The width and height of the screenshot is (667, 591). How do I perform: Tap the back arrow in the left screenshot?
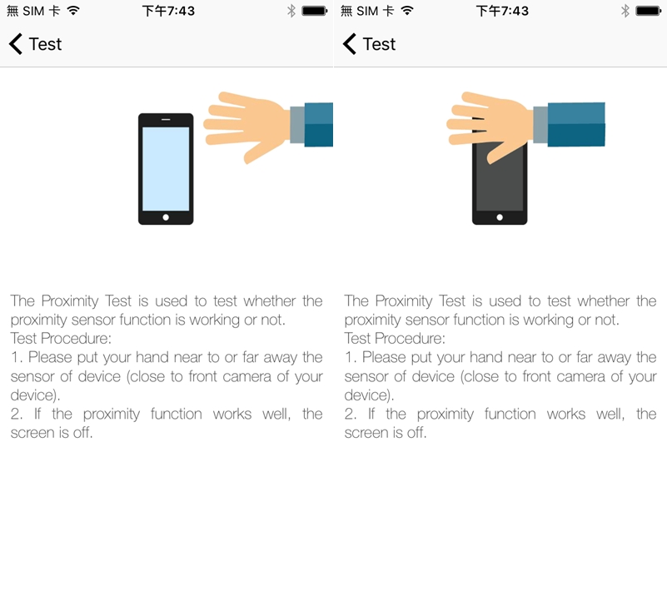pos(15,44)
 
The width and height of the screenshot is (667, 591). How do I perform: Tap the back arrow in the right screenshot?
pos(349,44)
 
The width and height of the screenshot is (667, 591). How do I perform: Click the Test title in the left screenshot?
pos(45,44)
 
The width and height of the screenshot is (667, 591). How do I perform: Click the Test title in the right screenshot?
pos(379,44)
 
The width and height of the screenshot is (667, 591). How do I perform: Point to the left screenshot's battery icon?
pos(315,11)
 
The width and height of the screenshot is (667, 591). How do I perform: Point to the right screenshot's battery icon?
pos(649,11)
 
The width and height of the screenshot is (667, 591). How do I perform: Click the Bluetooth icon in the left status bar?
pos(291,11)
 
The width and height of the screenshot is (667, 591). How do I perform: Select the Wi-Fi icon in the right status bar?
pos(407,11)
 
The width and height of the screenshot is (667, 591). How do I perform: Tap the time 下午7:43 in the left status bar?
pos(168,11)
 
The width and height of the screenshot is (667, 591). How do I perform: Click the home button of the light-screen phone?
pos(166,217)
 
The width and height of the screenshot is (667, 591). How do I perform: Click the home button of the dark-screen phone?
pos(500,217)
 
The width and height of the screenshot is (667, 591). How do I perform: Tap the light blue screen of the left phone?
pos(166,169)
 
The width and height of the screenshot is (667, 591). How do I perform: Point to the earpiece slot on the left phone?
pos(166,120)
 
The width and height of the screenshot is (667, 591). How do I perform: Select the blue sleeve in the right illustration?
pos(576,125)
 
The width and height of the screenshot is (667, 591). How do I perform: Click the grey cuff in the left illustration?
pos(298,125)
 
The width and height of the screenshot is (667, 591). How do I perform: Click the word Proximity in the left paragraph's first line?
pos(70,301)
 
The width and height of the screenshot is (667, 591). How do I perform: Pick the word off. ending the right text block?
pos(417,433)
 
